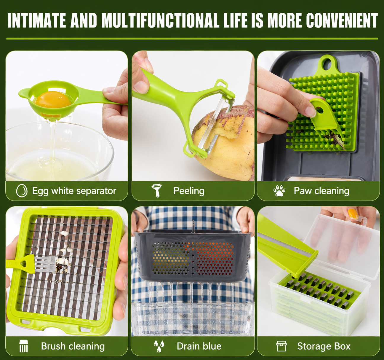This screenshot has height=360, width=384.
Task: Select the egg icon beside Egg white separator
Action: click(21, 190)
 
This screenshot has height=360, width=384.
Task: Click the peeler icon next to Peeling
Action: click(157, 190)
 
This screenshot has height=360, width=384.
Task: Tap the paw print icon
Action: click(279, 191)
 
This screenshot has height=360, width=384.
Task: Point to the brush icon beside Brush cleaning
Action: click(24, 346)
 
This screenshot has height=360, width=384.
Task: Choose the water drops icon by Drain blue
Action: click(159, 346)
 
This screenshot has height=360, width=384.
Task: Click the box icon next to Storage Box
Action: click(281, 346)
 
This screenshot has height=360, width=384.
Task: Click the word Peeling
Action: click(189, 191)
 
